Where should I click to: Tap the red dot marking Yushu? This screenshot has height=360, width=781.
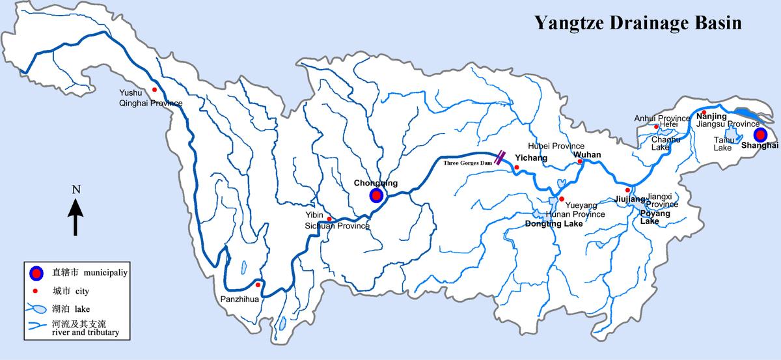154,90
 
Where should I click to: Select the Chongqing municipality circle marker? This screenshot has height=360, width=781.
376,195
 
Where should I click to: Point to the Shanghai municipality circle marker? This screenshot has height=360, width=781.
760,135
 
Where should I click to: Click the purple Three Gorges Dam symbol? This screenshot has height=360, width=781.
501,157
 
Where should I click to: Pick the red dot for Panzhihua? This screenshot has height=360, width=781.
258,284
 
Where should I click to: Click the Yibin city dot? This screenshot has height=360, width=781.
329,219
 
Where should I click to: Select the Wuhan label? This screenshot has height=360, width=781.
587,155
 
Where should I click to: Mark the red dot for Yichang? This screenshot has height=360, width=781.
516,168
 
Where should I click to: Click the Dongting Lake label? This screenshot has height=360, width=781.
554,223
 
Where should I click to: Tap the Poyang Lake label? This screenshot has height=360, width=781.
650,217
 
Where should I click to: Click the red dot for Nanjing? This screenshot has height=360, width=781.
704,112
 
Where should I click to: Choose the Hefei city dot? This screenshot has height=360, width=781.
656,127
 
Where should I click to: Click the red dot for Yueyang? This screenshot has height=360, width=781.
561,199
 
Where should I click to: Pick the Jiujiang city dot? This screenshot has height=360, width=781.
627,190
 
